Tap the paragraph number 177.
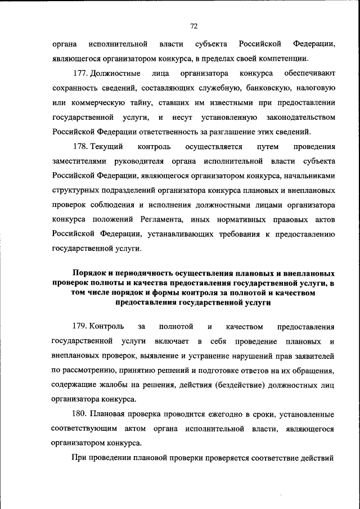[x=80, y=73]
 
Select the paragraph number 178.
[x=80, y=146]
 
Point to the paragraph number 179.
[x=80, y=326]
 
